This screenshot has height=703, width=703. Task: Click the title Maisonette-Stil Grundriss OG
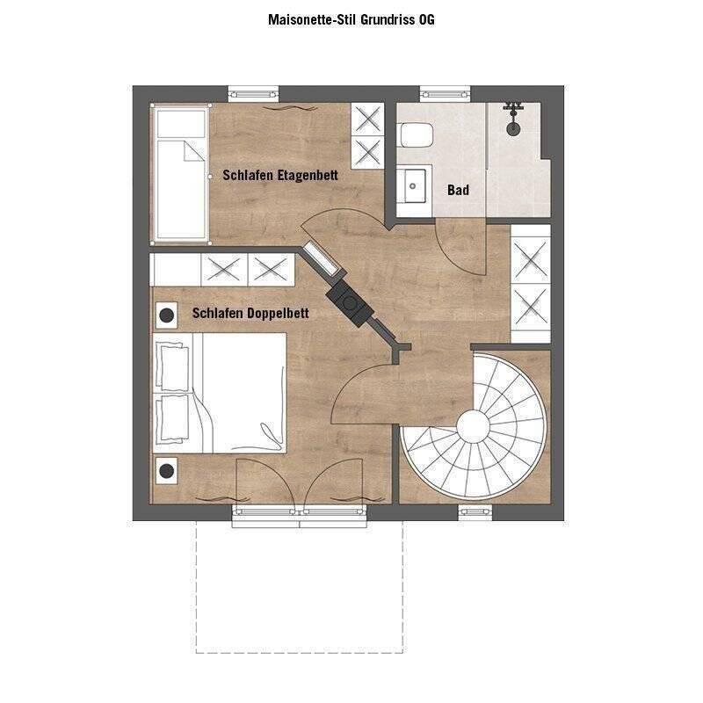click(x=351, y=18)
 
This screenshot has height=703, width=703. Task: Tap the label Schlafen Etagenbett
click(x=280, y=176)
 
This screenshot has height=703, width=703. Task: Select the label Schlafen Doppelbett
click(x=250, y=312)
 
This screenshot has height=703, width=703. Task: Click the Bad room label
click(x=458, y=190)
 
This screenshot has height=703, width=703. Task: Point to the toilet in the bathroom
click(x=415, y=136)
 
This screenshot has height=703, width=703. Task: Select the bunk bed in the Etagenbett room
click(x=180, y=174)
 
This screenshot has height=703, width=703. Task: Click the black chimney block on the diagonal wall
click(x=351, y=304)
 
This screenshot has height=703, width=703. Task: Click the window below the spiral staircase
click(x=473, y=511)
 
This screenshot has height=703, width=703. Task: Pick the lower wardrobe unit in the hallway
click(x=531, y=307)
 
